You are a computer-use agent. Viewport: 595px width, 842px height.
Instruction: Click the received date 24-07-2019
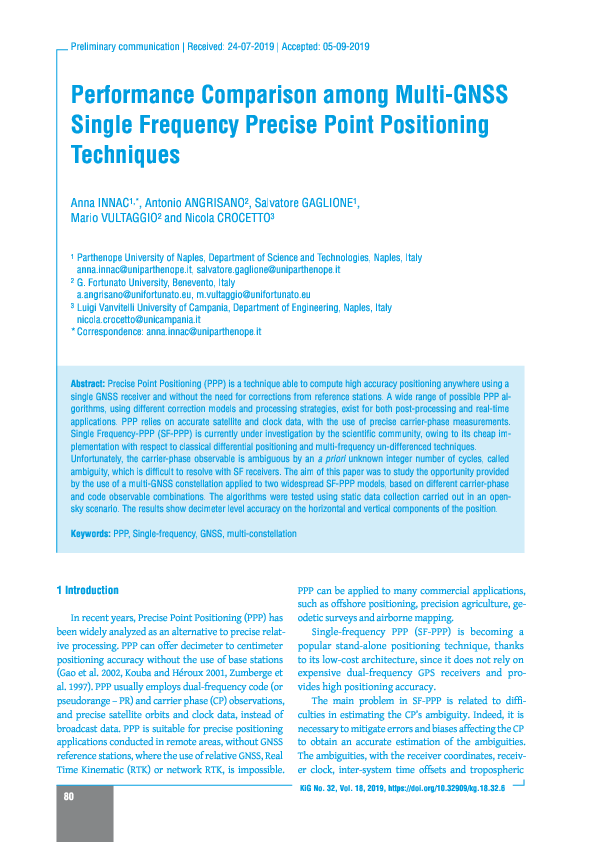click(x=250, y=46)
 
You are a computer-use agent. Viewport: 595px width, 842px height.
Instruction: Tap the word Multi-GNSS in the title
click(x=450, y=97)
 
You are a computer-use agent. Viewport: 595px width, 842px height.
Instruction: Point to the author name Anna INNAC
click(x=104, y=203)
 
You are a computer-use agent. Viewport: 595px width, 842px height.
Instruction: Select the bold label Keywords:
click(x=91, y=534)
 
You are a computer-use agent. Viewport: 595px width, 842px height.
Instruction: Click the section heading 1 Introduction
click(x=88, y=590)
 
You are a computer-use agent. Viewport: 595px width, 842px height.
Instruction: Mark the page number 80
click(x=69, y=797)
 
